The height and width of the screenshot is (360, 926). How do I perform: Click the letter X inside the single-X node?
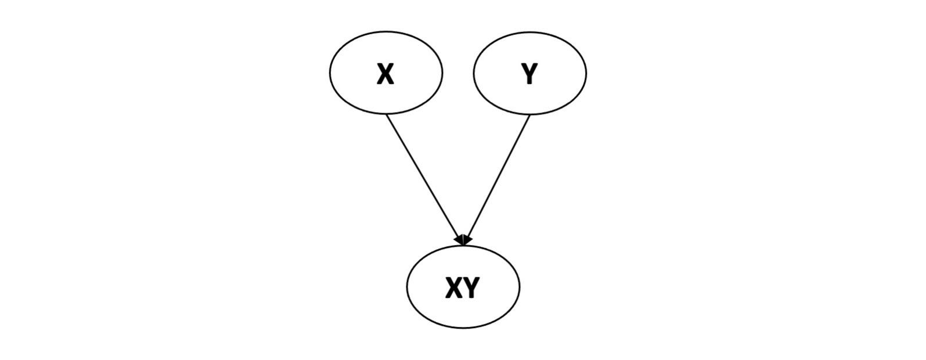click(385, 74)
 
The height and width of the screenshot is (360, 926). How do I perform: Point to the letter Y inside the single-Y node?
click(529, 74)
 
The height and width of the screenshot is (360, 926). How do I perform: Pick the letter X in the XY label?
click(454, 287)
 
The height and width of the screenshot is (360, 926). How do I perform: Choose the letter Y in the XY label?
click(471, 287)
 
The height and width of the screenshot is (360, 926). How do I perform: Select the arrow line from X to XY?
click(424, 177)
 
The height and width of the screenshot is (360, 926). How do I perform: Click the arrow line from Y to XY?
click(498, 177)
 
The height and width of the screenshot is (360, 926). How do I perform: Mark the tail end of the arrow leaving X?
click(387, 114)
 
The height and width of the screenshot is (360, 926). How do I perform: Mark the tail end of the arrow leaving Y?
click(529, 114)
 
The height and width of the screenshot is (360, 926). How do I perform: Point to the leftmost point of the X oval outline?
click(330, 73)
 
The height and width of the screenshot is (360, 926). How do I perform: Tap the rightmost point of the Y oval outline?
click(586, 73)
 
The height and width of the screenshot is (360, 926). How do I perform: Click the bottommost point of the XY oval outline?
click(463, 328)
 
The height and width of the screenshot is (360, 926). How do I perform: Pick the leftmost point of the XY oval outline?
click(407, 287)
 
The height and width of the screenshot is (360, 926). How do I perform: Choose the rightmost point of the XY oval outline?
click(520, 287)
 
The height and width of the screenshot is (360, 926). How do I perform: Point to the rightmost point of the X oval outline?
click(442, 73)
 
